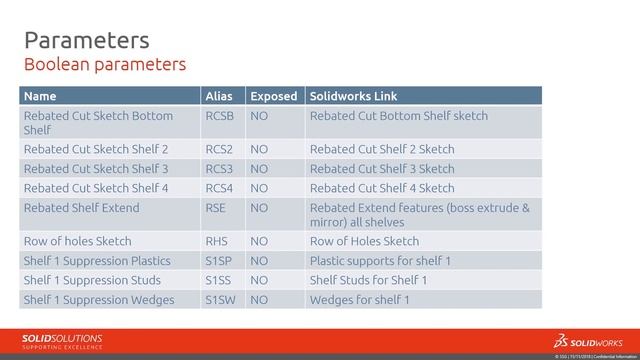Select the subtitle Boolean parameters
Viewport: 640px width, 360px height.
104,65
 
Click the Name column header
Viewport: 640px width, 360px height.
40,97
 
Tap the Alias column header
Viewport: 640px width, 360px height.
219,97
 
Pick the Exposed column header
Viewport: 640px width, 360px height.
273,97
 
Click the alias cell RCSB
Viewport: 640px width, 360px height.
221,116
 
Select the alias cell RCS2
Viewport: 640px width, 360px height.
221,149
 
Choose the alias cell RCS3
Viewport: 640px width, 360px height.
221,168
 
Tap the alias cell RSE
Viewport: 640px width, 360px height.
216,208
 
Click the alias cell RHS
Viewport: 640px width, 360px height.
217,241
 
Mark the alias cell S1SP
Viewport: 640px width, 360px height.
220,261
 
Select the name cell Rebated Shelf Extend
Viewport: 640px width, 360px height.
81,208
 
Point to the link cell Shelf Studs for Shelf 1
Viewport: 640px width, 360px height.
369,280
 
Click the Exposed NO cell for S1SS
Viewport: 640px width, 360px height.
259,280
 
